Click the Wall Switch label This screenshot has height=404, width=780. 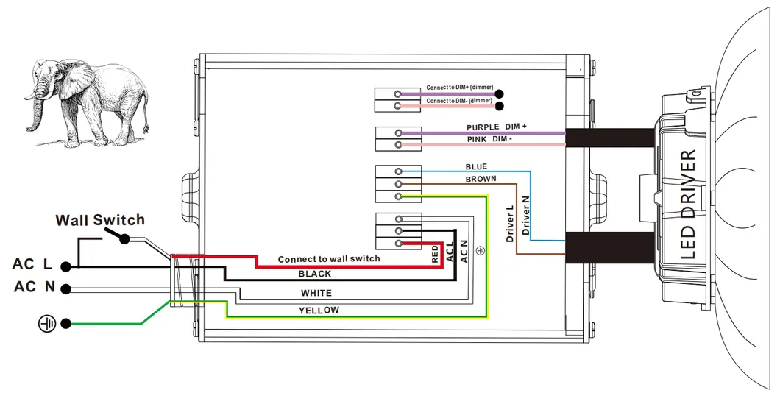tap(100, 220)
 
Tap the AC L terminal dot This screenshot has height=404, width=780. tap(65, 266)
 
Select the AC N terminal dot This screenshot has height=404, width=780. tap(65, 289)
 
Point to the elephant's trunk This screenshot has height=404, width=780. tap(33, 110)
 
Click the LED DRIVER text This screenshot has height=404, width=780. tap(689, 204)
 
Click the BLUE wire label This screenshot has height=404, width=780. tap(476, 167)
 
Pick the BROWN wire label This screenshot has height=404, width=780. tap(481, 179)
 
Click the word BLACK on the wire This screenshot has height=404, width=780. tap(314, 274)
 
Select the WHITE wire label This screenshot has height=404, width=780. tap(316, 293)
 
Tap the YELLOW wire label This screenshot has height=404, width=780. tap(319, 311)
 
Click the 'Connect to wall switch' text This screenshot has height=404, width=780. tap(329, 259)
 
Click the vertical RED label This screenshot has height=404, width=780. tap(435, 255)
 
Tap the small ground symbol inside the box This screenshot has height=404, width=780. tap(481, 252)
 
